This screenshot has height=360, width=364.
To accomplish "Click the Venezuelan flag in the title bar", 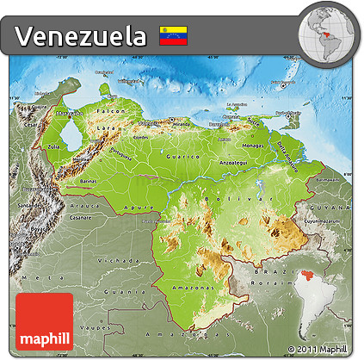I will (173, 36).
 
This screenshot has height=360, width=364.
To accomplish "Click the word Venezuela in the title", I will (81, 36).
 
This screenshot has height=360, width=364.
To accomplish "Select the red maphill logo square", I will (44, 322).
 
